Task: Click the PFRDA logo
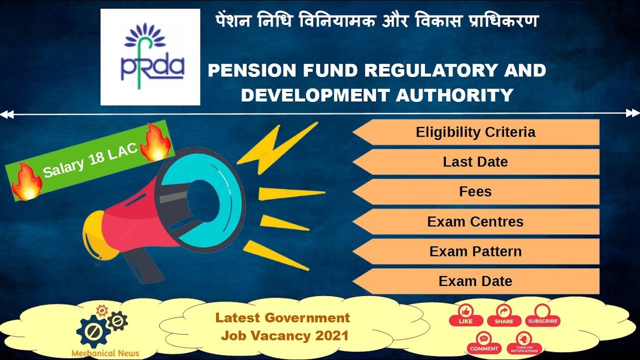pyautogui.click(x=150, y=57)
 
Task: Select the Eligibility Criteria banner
pyautogui.click(x=475, y=132)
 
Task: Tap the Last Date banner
pyautogui.click(x=475, y=162)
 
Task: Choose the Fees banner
pyautogui.click(x=475, y=191)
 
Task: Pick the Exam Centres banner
pyautogui.click(x=475, y=221)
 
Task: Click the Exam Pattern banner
pyautogui.click(x=475, y=251)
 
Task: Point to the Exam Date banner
pyautogui.click(x=475, y=281)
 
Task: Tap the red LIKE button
pyautogui.click(x=465, y=315)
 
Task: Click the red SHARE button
pyautogui.click(x=503, y=315)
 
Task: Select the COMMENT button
pyautogui.click(x=484, y=342)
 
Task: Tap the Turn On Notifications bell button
pyautogui.click(x=524, y=342)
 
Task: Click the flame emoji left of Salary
pyautogui.click(x=26, y=181)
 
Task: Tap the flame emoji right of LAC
pyautogui.click(x=155, y=142)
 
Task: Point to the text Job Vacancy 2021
pyautogui.click(x=284, y=335)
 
